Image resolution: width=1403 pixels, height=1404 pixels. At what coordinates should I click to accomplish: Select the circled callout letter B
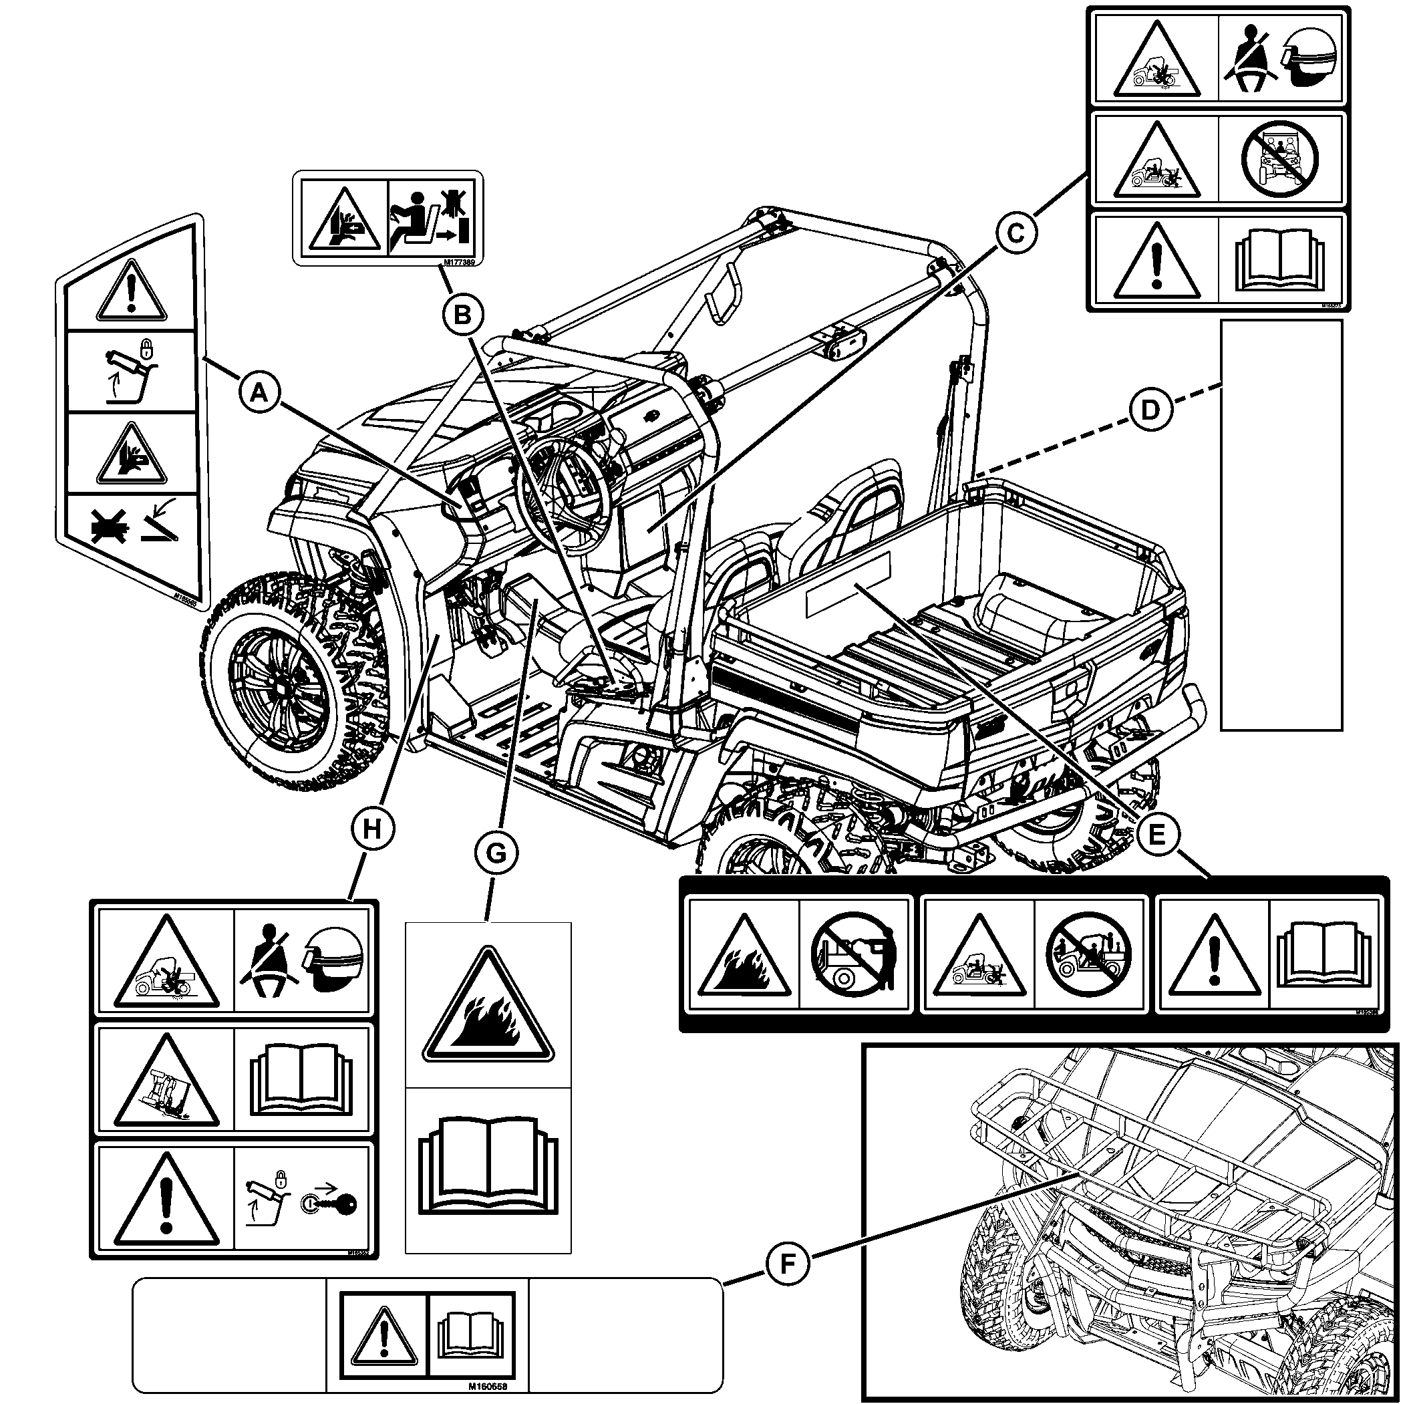[x=462, y=315]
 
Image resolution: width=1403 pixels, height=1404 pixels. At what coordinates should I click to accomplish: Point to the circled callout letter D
[x=1150, y=410]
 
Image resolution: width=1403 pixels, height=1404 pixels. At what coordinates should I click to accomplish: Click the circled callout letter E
[x=1156, y=835]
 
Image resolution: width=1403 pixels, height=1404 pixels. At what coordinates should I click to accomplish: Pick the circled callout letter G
[x=496, y=853]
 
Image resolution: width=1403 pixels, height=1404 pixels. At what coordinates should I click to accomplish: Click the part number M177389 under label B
[x=458, y=265]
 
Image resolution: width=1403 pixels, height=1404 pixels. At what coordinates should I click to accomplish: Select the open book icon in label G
[x=488, y=1171]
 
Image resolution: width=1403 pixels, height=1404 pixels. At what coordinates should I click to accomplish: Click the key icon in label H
[x=331, y=1205]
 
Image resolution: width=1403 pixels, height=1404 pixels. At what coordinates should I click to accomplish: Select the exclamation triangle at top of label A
[x=132, y=292]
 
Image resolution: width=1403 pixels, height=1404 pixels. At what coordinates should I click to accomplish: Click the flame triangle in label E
[x=744, y=956]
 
